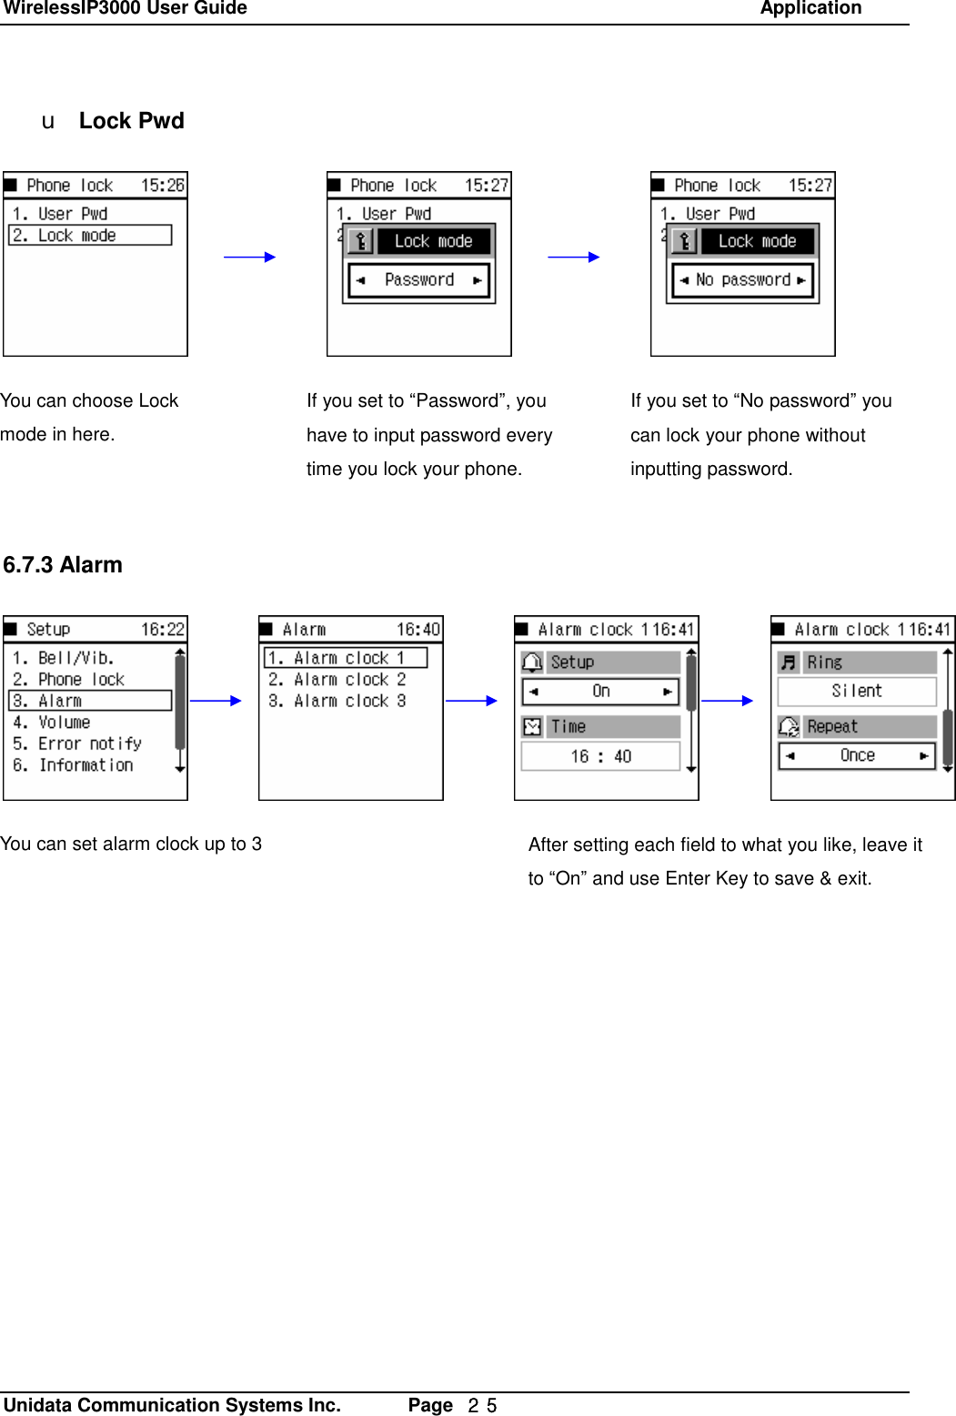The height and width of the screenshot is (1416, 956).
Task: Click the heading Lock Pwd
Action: click(131, 121)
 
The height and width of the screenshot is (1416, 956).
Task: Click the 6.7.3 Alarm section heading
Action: click(63, 565)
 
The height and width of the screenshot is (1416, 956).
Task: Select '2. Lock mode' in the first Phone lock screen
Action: click(90, 236)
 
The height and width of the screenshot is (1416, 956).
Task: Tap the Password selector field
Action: click(418, 280)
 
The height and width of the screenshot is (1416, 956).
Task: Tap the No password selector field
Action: click(742, 280)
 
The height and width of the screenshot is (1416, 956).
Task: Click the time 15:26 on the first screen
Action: click(162, 186)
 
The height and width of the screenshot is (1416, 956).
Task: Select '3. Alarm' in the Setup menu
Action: click(90, 701)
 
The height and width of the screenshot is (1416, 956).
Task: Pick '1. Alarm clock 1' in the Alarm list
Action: click(346, 658)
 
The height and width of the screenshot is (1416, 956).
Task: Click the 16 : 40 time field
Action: click(600, 756)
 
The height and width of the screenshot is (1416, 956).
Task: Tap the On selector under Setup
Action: click(600, 692)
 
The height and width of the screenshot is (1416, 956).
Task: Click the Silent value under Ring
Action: click(856, 692)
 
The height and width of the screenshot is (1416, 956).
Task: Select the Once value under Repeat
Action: click(857, 756)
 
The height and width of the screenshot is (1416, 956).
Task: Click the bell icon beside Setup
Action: click(533, 662)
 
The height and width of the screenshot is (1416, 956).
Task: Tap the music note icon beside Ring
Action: click(789, 662)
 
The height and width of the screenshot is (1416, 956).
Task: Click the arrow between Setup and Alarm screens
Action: click(216, 701)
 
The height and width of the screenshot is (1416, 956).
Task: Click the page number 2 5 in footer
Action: click(482, 1406)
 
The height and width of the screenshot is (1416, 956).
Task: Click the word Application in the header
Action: click(810, 9)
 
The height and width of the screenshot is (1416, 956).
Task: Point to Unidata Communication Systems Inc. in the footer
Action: click(172, 1405)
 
